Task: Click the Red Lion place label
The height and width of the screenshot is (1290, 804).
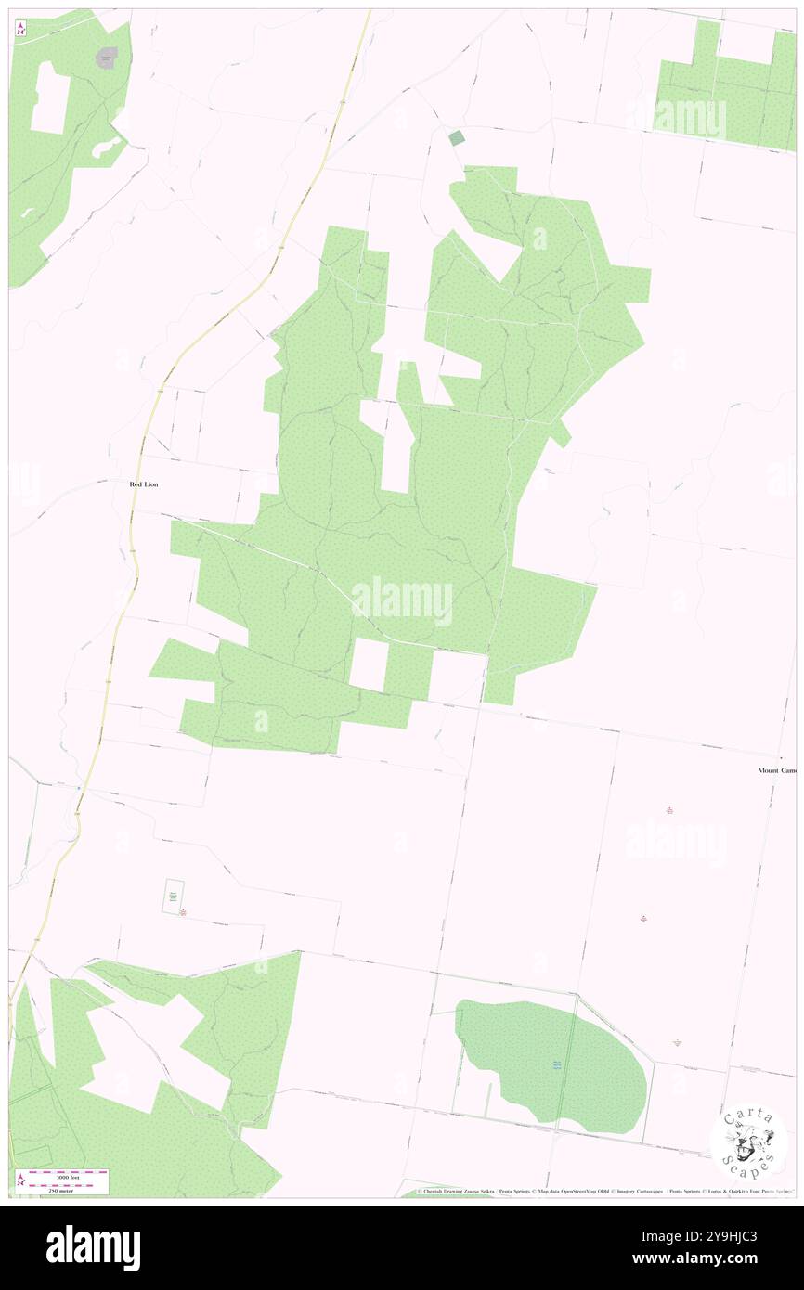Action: pyautogui.click(x=143, y=484)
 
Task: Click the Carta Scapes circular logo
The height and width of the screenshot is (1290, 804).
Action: pyautogui.click(x=748, y=1142)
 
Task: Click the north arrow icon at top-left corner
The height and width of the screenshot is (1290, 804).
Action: pyautogui.click(x=20, y=30)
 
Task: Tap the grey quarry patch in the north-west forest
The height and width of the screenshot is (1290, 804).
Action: pyautogui.click(x=108, y=58)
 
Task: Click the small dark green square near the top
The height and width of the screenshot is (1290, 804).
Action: pyautogui.click(x=456, y=138)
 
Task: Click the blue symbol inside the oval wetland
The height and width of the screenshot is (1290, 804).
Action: pyautogui.click(x=557, y=1064)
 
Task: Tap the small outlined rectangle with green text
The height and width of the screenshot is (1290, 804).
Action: pyautogui.click(x=173, y=897)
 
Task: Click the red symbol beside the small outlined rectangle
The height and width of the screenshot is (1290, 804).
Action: pyautogui.click(x=183, y=913)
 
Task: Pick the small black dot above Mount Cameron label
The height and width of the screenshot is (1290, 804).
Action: pyautogui.click(x=781, y=757)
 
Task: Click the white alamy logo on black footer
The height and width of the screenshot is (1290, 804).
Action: pyautogui.click(x=93, y=1247)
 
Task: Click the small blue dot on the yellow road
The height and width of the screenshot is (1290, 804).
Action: pyautogui.click(x=79, y=789)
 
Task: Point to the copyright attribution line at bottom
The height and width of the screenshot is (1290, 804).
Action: pyautogui.click(x=603, y=1191)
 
